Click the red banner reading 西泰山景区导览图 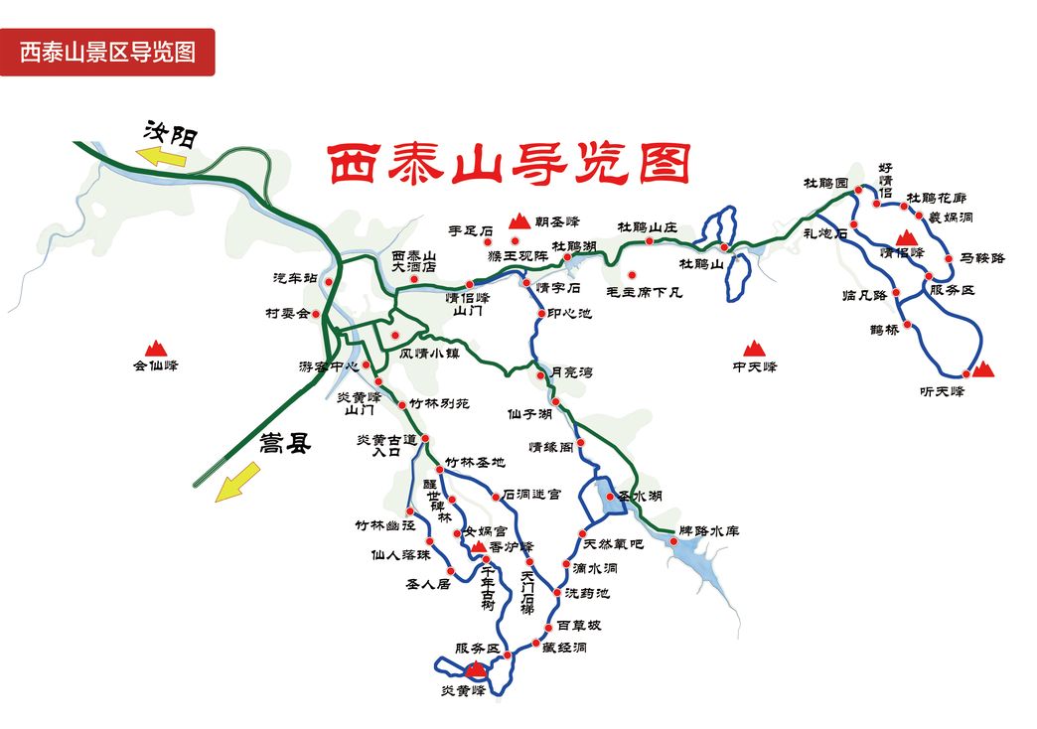click(107, 52)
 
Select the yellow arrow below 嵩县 click(236, 484)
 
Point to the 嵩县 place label click(285, 443)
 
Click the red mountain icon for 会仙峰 click(155, 348)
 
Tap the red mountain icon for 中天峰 click(753, 348)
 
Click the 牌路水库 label click(709, 530)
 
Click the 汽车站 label click(295, 279)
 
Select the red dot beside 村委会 click(317, 315)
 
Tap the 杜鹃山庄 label click(647, 227)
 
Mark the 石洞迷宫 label click(531, 494)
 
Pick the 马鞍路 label click(982, 258)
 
